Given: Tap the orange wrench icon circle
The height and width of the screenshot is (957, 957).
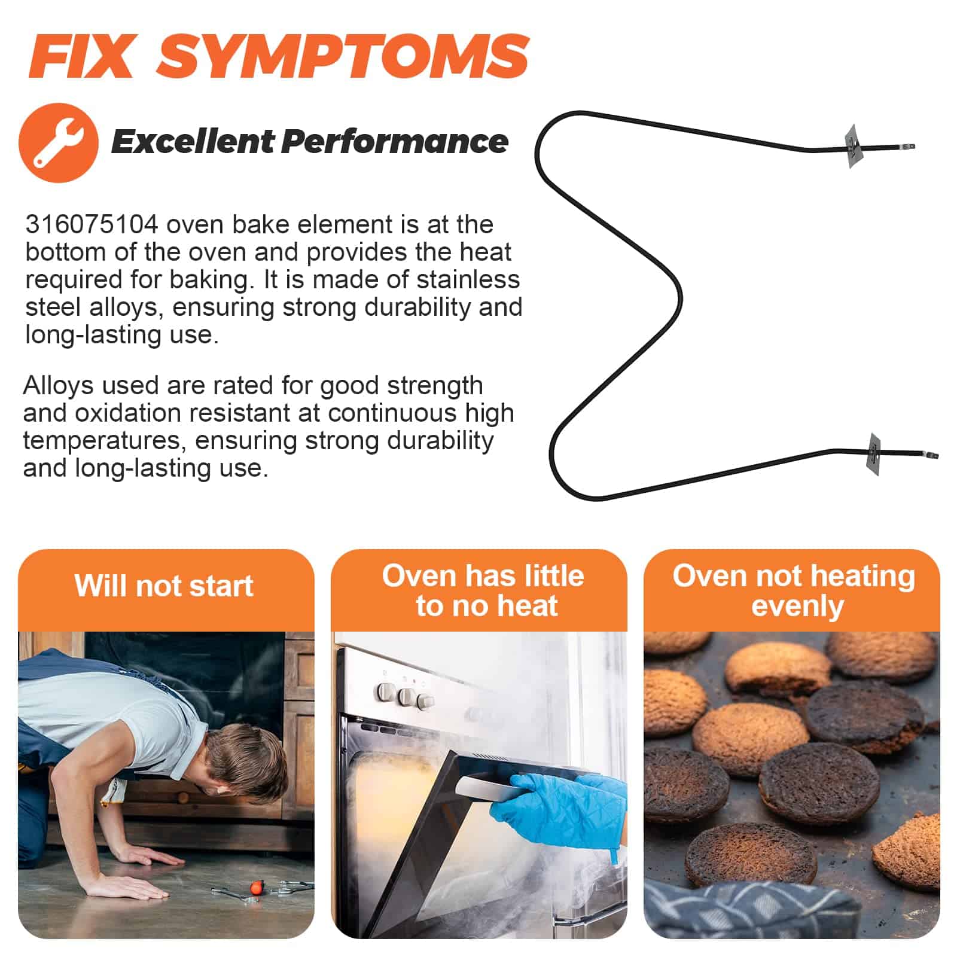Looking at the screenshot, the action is [58, 142].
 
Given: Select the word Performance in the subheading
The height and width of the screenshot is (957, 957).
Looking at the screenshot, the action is [395, 142].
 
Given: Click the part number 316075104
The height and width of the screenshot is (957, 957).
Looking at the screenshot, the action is [92, 225].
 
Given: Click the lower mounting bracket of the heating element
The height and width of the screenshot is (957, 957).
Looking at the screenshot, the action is [874, 454].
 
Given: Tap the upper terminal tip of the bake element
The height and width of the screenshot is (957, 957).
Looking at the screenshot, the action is [910, 146].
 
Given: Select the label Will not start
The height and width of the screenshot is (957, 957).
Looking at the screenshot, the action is [164, 586].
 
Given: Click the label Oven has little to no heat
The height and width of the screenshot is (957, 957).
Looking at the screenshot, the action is [483, 591].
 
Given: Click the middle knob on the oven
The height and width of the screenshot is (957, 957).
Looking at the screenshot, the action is [407, 696].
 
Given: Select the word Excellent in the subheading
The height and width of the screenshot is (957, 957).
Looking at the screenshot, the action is [193, 142].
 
